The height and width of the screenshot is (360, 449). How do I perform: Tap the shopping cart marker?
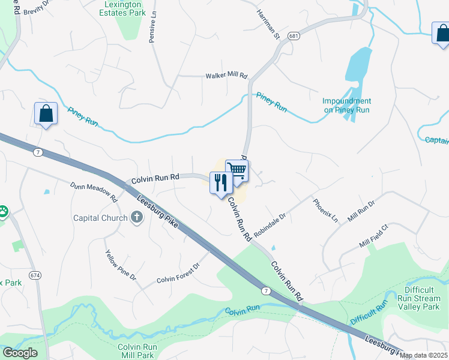coord(237,170)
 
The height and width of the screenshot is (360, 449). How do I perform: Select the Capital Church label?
coord(101,218)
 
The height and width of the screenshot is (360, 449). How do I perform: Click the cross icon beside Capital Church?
coord(137,217)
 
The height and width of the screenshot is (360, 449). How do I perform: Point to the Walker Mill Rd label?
coord(226,76)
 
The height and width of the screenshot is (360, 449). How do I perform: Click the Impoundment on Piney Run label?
coord(346,106)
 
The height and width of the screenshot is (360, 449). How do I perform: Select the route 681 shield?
coord(294,36)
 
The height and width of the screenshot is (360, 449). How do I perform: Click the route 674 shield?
coord(36,275)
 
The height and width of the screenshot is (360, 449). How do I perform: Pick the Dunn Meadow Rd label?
coord(93,191)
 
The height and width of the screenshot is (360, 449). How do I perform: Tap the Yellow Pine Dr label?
coord(121,266)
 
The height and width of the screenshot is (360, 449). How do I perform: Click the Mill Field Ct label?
coord(375,236)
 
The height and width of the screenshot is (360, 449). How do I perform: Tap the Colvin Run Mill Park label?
coord(137,351)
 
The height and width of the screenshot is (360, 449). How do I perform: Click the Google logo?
coord(20,353)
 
